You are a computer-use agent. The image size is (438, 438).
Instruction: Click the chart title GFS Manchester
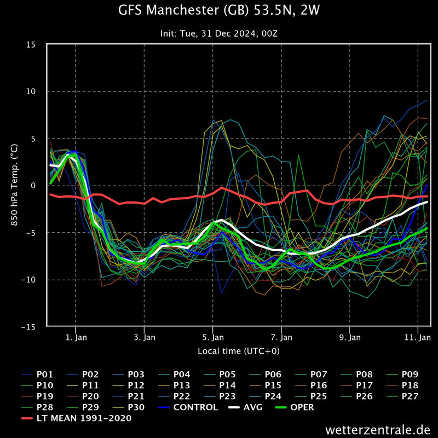tap(219, 11)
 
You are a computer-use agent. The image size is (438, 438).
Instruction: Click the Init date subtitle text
tap(219, 33)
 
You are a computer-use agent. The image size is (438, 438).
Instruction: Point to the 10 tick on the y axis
tap(36, 91)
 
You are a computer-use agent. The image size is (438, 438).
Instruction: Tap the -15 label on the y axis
tap(34, 327)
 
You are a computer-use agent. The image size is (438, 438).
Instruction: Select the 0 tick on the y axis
tap(38, 186)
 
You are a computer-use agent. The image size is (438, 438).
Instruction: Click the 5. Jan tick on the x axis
tap(212, 337)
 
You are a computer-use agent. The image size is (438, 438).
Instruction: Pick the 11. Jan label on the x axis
tap(418, 337)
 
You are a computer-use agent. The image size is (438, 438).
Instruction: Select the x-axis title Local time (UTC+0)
tap(238, 350)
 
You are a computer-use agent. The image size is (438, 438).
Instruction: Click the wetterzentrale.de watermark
tap(377, 428)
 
